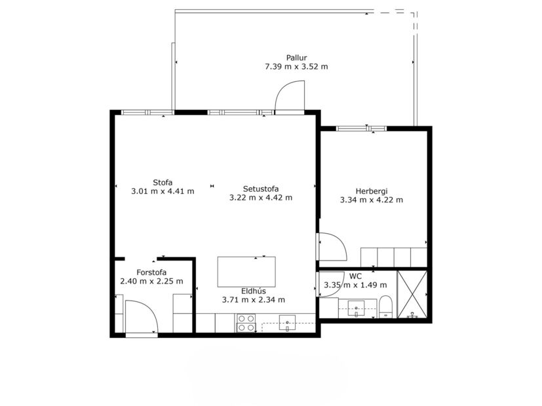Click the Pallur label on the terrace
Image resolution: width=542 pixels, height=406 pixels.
click(x=296, y=58)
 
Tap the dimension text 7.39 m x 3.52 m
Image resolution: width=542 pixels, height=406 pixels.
click(x=296, y=67)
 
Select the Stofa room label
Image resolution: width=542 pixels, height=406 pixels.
click(x=163, y=182)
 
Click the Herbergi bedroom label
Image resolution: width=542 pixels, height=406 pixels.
click(x=372, y=191)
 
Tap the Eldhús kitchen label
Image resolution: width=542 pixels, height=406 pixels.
click(x=253, y=291)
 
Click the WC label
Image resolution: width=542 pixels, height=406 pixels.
click(x=355, y=276)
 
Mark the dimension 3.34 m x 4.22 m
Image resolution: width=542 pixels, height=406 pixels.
click(x=372, y=200)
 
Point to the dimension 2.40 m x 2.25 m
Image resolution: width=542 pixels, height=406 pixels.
click(x=151, y=282)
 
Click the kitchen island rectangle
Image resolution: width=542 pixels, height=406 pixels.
click(x=246, y=271)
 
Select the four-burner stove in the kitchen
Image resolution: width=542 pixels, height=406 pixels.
click(x=246, y=323)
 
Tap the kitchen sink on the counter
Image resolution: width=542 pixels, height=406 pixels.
click(x=288, y=322)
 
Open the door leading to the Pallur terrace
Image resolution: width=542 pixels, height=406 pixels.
click(x=290, y=98)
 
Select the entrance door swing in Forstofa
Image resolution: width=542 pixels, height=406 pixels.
click(x=142, y=318)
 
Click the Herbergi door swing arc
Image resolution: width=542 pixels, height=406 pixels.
click(x=332, y=247)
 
